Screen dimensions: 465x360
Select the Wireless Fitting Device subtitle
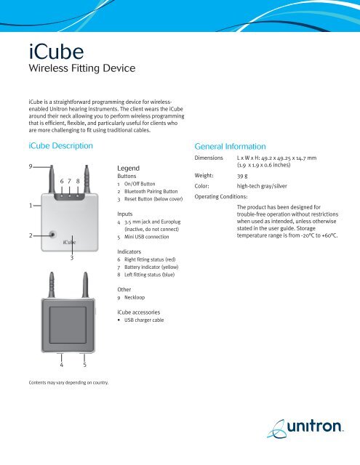click(x=79, y=70)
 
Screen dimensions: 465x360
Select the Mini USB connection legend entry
click(x=149, y=236)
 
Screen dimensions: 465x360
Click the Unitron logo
click(x=309, y=431)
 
